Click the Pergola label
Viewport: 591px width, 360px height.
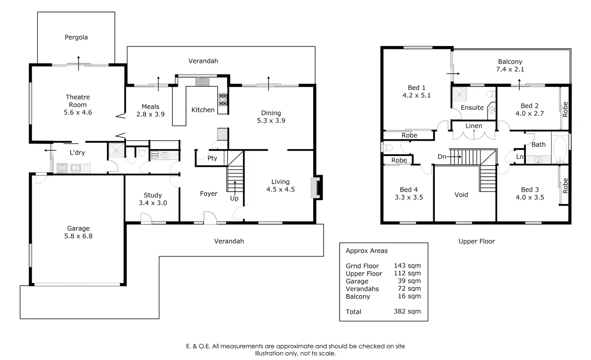pyautogui.click(x=76, y=37)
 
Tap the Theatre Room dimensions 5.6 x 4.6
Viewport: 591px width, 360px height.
pyautogui.click(x=78, y=112)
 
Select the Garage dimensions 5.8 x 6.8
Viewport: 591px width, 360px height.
pyautogui.click(x=78, y=236)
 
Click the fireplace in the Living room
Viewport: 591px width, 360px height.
pyautogui.click(x=316, y=187)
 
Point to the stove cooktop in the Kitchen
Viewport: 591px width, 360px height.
pyautogui.click(x=223, y=100)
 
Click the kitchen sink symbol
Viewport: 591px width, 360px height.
pyautogui.click(x=202, y=82)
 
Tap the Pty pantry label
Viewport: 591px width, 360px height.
pyautogui.click(x=212, y=158)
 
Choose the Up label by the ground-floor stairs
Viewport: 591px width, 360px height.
pyautogui.click(x=234, y=198)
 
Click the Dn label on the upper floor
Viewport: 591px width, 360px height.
pyautogui.click(x=442, y=157)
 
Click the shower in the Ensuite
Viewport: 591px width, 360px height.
pyautogui.click(x=459, y=95)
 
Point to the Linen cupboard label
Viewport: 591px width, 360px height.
pyautogui.click(x=474, y=126)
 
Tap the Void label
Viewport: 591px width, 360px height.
pyautogui.click(x=461, y=195)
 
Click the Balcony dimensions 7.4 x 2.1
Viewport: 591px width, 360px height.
pyautogui.click(x=510, y=69)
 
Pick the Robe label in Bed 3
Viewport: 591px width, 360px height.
pyautogui.click(x=565, y=186)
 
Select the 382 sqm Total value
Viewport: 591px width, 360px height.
pyautogui.click(x=407, y=311)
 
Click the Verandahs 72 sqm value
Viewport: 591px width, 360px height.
pyautogui.click(x=407, y=288)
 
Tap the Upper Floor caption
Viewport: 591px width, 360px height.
pyautogui.click(x=477, y=241)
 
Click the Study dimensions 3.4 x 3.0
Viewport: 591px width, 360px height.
pyautogui.click(x=153, y=203)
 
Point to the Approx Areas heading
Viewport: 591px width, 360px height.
pyautogui.click(x=367, y=251)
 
